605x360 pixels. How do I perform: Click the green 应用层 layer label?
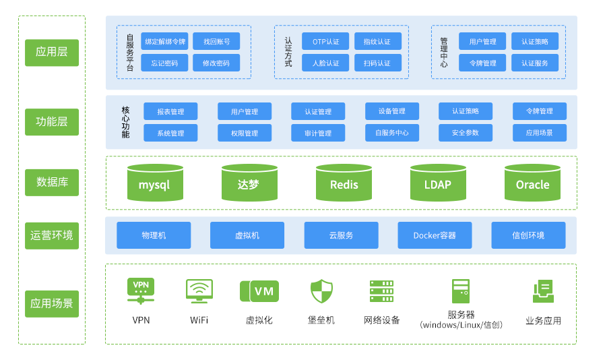pos(52,53)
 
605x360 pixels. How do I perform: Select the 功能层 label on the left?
pos(52,122)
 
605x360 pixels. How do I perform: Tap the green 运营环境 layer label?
pos(52,236)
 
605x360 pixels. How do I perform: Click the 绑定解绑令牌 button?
pos(165,41)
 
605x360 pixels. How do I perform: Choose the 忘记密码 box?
pos(165,63)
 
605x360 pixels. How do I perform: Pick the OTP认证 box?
pos(325,41)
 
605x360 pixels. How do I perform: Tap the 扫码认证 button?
pos(377,63)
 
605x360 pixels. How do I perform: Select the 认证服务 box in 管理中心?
pos(535,63)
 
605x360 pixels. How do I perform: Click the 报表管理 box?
pos(170,111)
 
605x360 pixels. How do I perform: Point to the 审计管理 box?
pos(318,133)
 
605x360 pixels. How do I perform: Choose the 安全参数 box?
pos(466,133)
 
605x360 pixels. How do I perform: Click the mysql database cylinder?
pos(155,183)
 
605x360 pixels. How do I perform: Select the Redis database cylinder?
pos(344,183)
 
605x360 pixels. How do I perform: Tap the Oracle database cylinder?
pos(532,183)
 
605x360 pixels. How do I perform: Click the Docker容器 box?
pos(435,235)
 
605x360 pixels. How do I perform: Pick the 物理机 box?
pos(154,235)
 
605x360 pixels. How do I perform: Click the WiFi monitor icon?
pos(199,291)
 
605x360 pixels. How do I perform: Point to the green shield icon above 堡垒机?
pos(321,291)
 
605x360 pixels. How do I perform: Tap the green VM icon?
pos(259,291)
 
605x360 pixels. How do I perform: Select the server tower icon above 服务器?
pos(461,291)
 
